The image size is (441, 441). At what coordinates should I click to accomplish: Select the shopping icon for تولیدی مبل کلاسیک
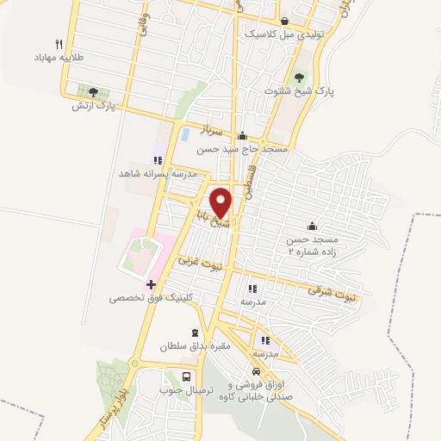pyautogui.click(x=284, y=21)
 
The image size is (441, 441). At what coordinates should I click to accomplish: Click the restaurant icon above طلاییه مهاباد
pyautogui.click(x=59, y=43)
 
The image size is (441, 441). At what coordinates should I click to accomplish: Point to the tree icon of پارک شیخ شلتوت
pyautogui.click(x=300, y=76)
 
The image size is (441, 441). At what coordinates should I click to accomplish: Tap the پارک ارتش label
pyautogui.click(x=94, y=105)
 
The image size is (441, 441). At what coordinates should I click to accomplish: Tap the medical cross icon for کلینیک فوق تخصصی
pyautogui.click(x=151, y=284)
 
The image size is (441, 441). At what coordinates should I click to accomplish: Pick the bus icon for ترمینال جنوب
pyautogui.click(x=187, y=376)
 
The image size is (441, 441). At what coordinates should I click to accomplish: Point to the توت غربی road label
pyautogui.click(x=200, y=263)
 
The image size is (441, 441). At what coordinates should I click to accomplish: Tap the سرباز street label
pyautogui.click(x=212, y=131)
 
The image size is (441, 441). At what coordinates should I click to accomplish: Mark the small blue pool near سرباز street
pyautogui.click(x=185, y=134)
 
